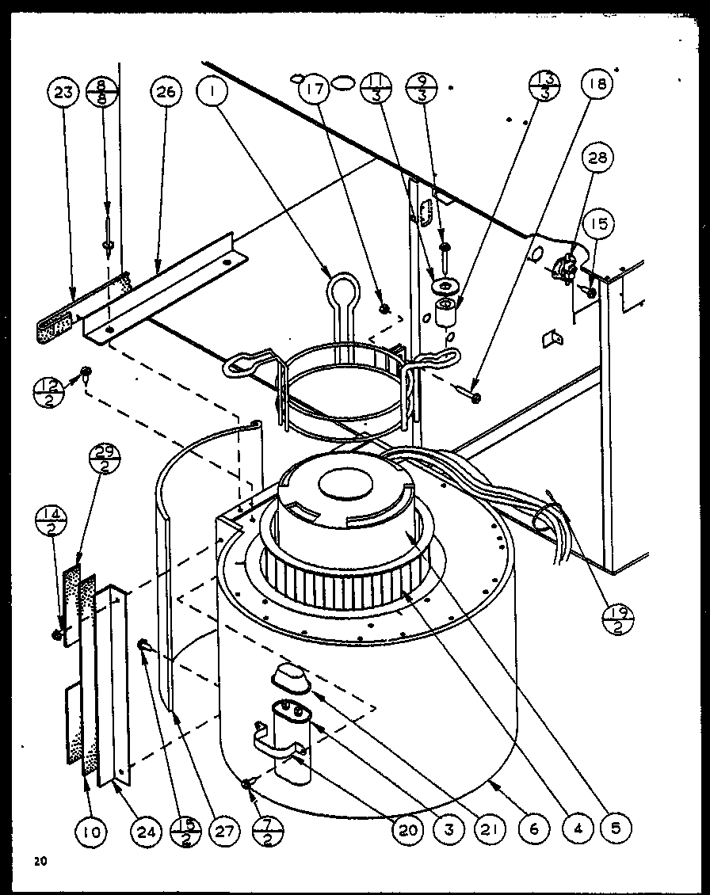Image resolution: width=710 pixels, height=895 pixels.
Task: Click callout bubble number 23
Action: pyautogui.click(x=63, y=93)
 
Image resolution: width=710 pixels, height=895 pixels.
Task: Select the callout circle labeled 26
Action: pyautogui.click(x=165, y=93)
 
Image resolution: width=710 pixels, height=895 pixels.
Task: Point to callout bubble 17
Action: pyautogui.click(x=315, y=89)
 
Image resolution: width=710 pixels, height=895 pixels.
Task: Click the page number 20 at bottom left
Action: pyautogui.click(x=40, y=860)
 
